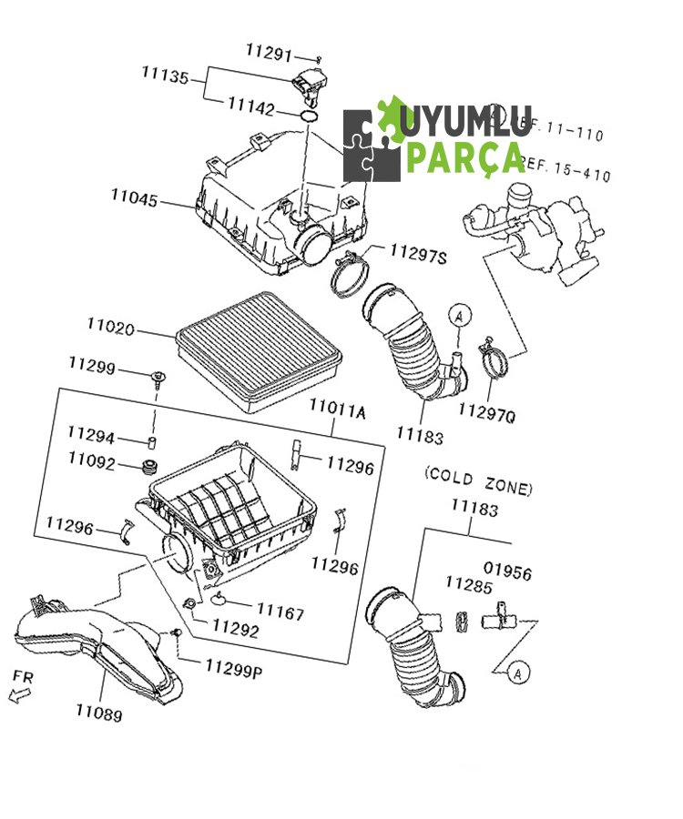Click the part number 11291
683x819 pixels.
click(270, 51)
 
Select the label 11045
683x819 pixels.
click(134, 197)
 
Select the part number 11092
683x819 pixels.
click(91, 461)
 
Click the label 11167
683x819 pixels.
click(280, 613)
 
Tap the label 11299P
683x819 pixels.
click(233, 670)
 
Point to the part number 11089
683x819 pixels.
click(98, 713)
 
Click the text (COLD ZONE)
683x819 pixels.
click(478, 480)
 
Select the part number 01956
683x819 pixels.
click(507, 573)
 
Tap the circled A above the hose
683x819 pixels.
click(460, 316)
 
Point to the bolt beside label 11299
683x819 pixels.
click(159, 377)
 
